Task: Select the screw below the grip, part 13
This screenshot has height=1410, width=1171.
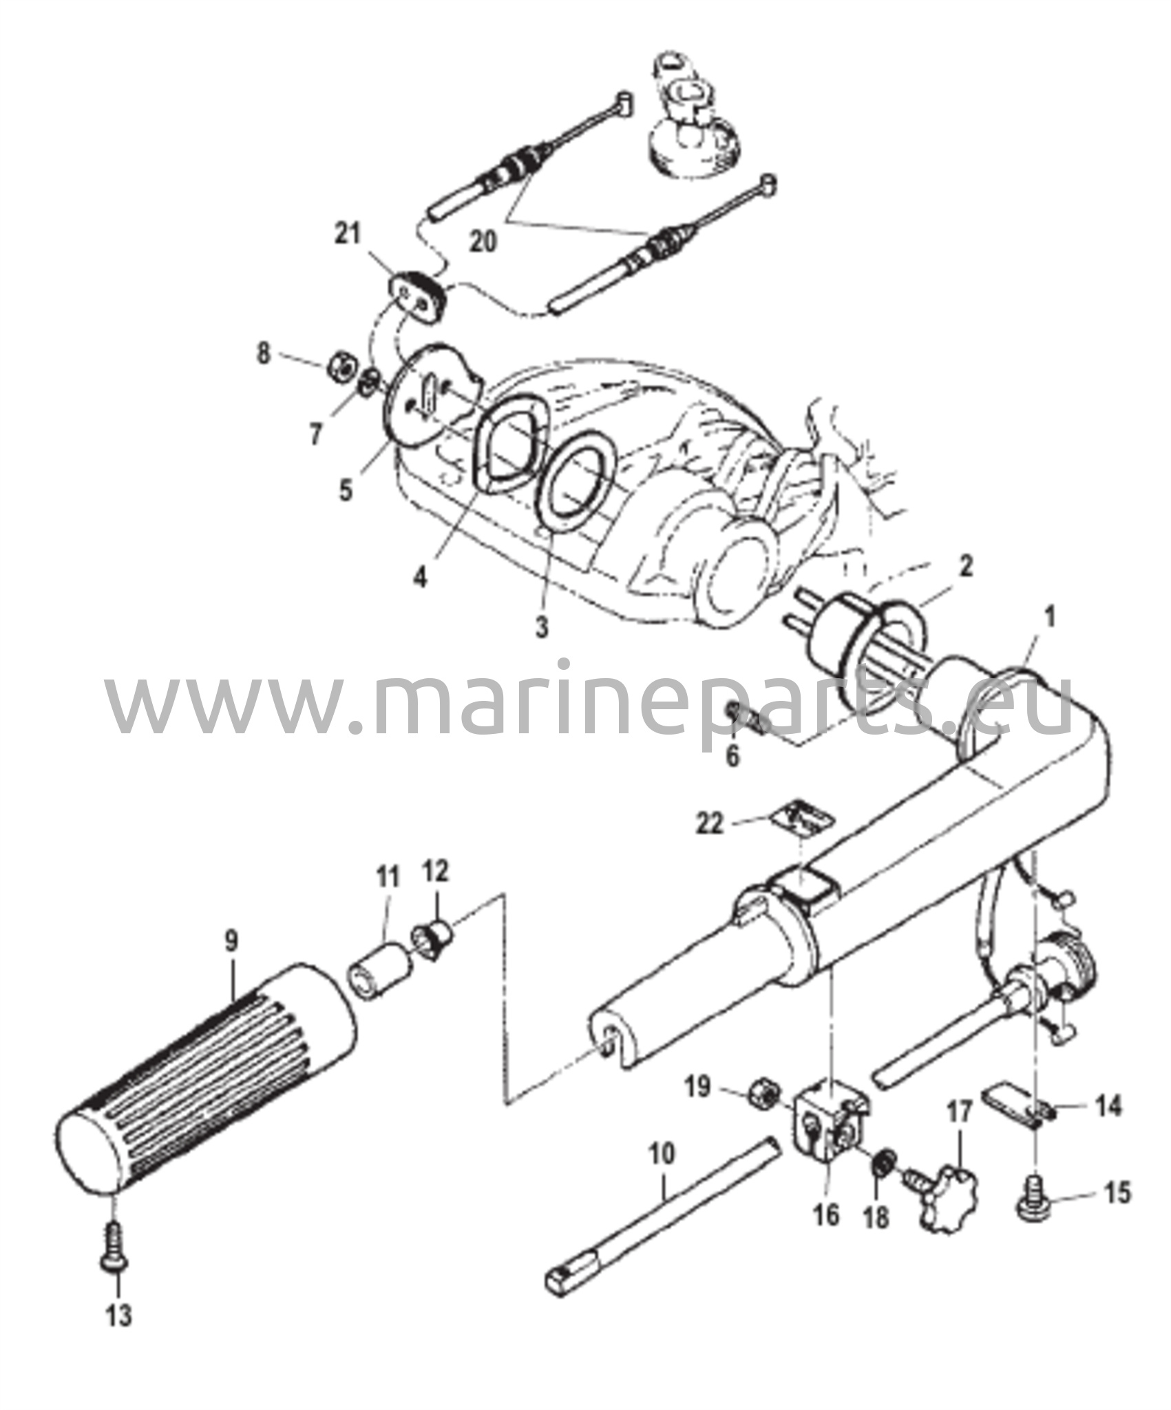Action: pos(114,1245)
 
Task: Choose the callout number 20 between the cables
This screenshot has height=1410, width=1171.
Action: pos(483,242)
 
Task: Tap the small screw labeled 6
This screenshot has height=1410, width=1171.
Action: pos(746,718)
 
